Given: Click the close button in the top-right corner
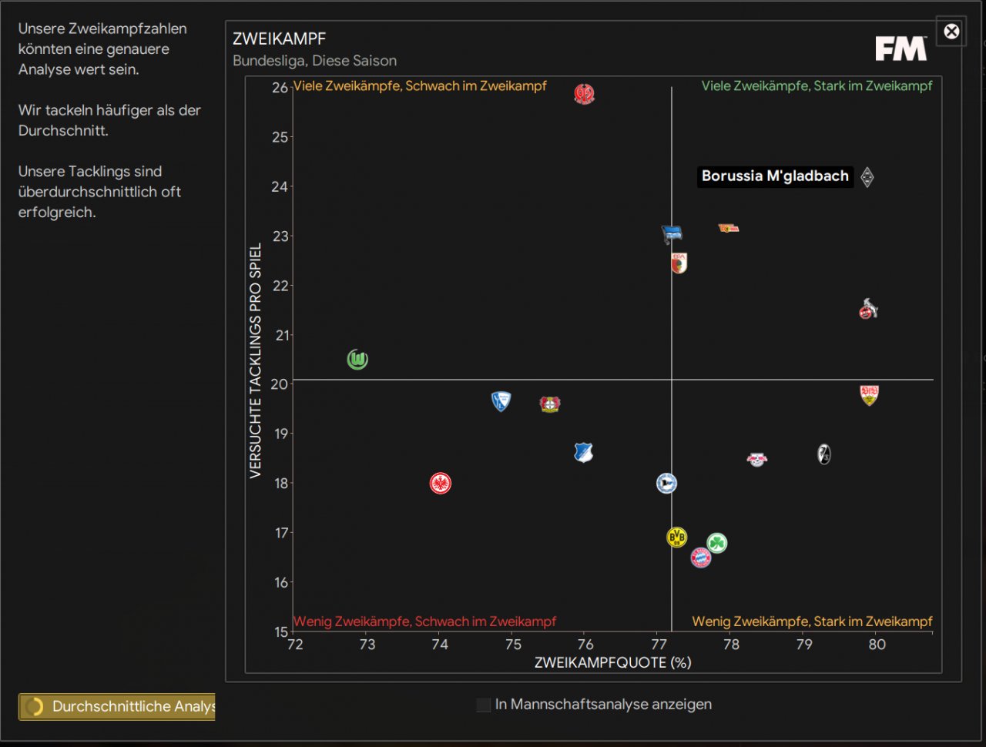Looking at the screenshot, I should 951,32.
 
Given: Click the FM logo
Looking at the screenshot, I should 900,49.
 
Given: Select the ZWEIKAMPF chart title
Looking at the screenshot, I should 280,39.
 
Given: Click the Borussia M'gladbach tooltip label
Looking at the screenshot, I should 775,176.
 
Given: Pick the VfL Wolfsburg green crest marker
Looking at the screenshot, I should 357,360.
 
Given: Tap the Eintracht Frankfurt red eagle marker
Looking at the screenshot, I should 440,484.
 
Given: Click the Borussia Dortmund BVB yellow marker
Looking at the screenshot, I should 676,537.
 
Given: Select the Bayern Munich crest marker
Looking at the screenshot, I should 700,558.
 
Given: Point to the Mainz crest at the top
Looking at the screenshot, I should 585,94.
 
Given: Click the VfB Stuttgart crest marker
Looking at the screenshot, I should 869,395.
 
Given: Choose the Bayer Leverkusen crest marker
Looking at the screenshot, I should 549,404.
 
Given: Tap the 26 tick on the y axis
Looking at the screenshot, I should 280,88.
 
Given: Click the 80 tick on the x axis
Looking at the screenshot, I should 877,645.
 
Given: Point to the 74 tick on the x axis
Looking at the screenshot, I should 440,645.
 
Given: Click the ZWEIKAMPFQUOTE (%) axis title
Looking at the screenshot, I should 613,662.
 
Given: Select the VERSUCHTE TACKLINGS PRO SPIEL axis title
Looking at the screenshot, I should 256,360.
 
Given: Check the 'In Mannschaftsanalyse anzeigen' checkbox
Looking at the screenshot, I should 484,705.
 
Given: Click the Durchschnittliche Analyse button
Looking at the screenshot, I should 117,706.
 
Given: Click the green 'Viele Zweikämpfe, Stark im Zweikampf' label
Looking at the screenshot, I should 817,86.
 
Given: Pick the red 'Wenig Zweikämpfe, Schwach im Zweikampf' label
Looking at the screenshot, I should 424,621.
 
